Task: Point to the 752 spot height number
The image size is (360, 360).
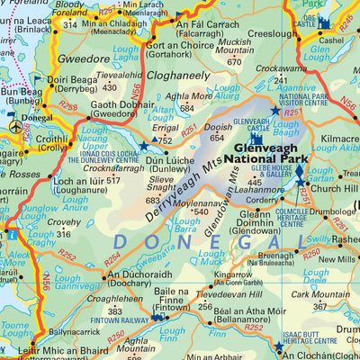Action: pos(164,139)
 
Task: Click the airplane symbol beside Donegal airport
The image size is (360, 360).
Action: pos(15,128)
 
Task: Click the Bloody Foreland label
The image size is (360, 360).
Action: pos(69,11)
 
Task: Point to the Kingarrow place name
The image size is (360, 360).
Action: pos(233,273)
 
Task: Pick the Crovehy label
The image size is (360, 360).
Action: pos(64,221)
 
